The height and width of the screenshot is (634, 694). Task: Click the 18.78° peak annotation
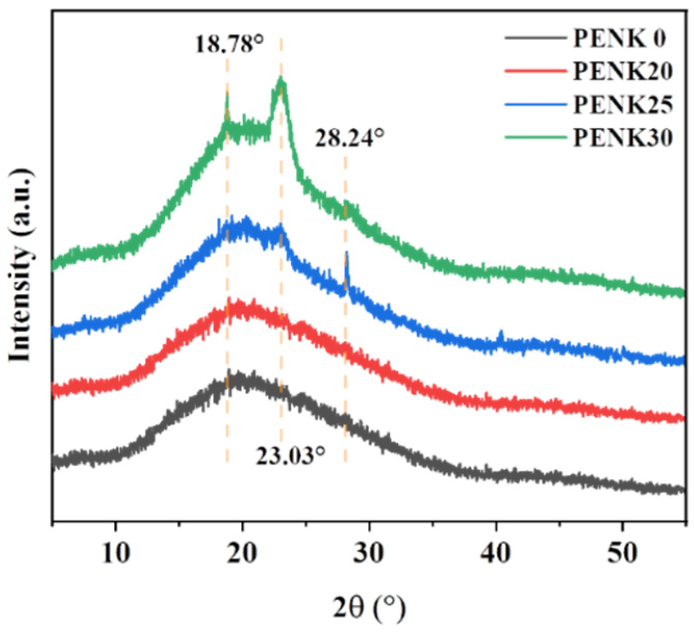[229, 44]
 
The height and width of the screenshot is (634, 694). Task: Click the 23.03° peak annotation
[290, 456]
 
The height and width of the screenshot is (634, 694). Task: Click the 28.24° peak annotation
[349, 138]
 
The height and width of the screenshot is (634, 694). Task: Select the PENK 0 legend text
[619, 38]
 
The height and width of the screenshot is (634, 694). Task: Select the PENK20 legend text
[623, 71]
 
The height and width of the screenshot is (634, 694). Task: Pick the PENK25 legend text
[623, 104]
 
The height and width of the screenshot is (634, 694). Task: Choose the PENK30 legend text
[623, 138]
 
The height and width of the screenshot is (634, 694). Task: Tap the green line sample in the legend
[535, 138]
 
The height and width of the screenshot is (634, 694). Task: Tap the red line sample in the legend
[535, 71]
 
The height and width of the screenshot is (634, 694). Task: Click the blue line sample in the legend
[535, 104]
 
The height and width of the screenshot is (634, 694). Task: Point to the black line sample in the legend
[535, 38]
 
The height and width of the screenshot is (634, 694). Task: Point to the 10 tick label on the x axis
[115, 553]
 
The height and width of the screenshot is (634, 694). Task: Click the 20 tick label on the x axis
[242, 553]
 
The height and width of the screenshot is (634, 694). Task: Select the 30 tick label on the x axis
[369, 553]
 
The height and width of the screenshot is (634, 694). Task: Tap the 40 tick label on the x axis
[495, 553]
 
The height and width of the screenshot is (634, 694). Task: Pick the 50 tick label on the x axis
[622, 553]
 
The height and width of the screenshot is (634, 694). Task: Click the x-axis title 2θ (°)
[369, 607]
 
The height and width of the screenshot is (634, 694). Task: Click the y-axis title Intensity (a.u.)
[21, 265]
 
